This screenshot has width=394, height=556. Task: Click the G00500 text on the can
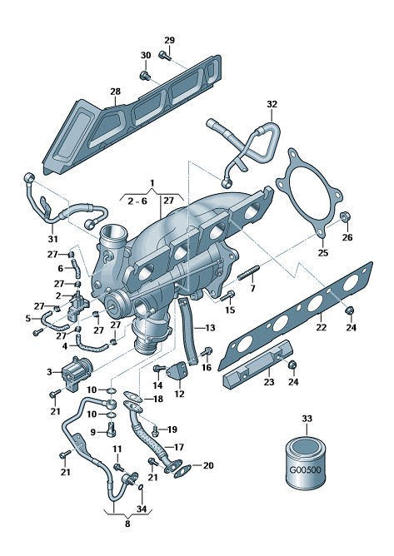tap(305, 470)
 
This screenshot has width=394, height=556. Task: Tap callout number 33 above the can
tap(307, 419)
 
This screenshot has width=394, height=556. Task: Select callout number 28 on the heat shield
tap(115, 92)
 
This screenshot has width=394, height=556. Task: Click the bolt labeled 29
tap(164, 55)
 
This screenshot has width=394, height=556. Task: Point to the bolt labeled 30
tap(145, 75)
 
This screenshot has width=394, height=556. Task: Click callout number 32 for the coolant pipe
tap(272, 104)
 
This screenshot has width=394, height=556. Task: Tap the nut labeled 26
tap(344, 216)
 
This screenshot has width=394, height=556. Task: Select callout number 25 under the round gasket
tap(323, 253)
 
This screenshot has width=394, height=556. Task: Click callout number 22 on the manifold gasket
tap(322, 326)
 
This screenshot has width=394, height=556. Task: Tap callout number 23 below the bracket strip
tap(269, 382)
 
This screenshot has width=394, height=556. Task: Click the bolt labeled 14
tap(158, 369)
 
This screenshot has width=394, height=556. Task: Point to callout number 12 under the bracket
tap(180, 394)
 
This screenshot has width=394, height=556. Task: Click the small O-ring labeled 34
tap(141, 487)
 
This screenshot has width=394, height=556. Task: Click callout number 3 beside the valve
tap(49, 372)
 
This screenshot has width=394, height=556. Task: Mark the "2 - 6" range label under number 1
tap(137, 201)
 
